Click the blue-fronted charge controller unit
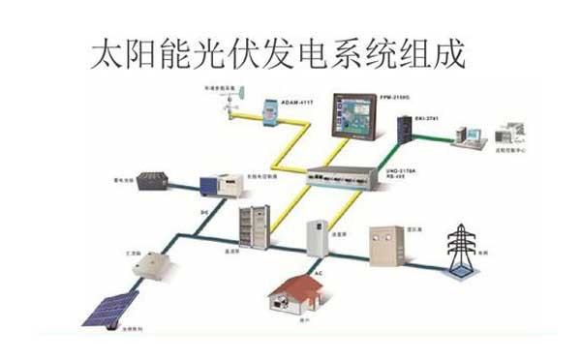tap(217, 185)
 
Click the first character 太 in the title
tap(106, 53)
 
